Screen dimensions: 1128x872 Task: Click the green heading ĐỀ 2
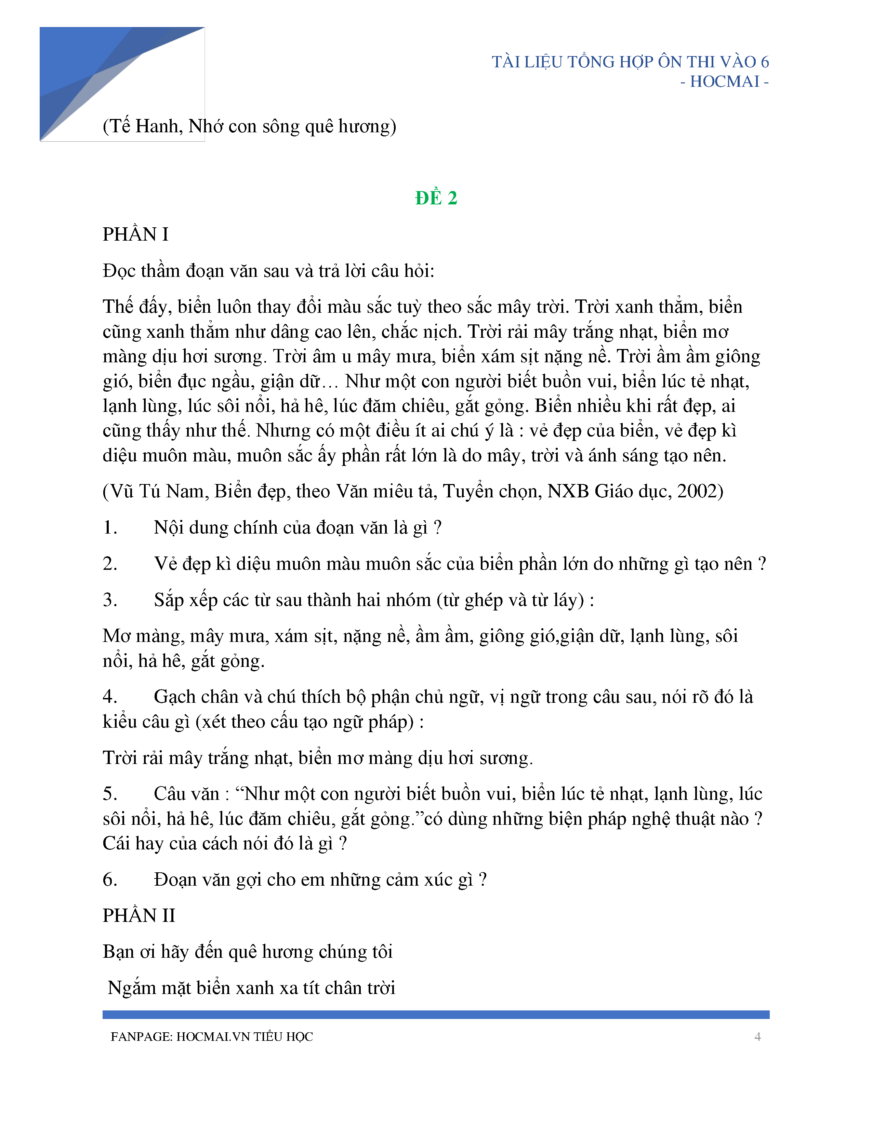tap(436, 198)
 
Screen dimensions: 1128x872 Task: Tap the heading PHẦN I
tap(135, 234)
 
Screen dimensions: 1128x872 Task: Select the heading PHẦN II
tap(139, 916)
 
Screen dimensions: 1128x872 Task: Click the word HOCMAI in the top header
tap(724, 82)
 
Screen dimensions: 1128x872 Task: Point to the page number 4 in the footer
tap(757, 1037)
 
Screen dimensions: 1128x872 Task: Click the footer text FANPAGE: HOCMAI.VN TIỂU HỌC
tap(212, 1037)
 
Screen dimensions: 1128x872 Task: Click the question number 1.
tap(109, 527)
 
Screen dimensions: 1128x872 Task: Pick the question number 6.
tap(109, 879)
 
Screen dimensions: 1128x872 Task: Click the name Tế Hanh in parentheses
tap(145, 126)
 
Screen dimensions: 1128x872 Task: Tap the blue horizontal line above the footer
tap(436, 1015)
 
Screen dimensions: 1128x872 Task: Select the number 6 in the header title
tap(765, 62)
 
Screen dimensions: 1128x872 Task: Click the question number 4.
tap(109, 697)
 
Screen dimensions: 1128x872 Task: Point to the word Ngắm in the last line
tap(132, 988)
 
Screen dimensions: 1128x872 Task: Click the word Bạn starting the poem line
tap(119, 952)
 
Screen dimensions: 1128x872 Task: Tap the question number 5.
tap(109, 794)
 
